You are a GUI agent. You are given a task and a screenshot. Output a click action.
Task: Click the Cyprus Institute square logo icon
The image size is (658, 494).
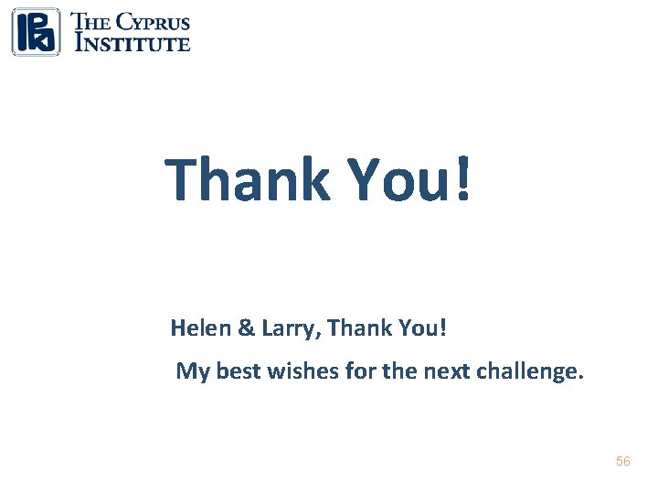36,32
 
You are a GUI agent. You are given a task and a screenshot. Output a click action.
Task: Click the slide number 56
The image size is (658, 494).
623,462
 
